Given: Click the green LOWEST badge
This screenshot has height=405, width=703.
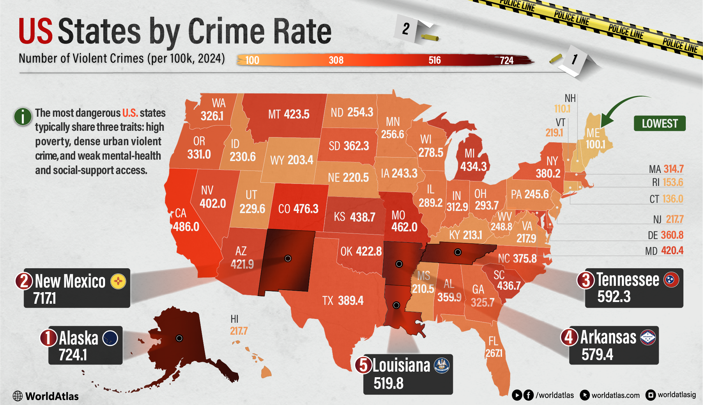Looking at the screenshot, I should (x=659, y=123).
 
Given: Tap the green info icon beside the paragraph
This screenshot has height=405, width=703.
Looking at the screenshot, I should (x=23, y=117).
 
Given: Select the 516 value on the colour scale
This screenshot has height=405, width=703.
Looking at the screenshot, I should (x=434, y=60).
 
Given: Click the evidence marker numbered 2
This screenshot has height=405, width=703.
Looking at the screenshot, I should (x=407, y=29).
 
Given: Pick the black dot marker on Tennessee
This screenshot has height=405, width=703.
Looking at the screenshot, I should (x=458, y=252).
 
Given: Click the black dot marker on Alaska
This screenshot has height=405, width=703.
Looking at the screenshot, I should (x=179, y=338).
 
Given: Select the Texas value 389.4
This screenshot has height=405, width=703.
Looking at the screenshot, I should (x=351, y=301).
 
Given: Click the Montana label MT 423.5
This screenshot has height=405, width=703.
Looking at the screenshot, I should (x=289, y=114).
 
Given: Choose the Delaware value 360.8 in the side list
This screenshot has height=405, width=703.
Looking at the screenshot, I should (x=672, y=235).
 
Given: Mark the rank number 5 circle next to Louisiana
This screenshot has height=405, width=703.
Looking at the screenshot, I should (x=364, y=365).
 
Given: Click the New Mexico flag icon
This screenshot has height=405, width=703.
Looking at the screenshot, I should (x=118, y=281).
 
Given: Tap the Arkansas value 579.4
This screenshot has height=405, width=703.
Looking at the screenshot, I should (x=597, y=354).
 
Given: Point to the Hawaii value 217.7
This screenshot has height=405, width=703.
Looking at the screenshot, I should (x=239, y=331).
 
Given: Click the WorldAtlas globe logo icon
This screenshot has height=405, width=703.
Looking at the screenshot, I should (x=18, y=396).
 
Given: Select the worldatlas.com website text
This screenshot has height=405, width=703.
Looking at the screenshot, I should (x=616, y=396).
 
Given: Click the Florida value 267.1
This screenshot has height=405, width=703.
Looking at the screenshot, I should (x=494, y=353).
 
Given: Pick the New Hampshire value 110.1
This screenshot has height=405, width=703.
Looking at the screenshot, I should (x=562, y=109).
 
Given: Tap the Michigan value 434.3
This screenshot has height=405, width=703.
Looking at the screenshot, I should (x=473, y=166).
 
